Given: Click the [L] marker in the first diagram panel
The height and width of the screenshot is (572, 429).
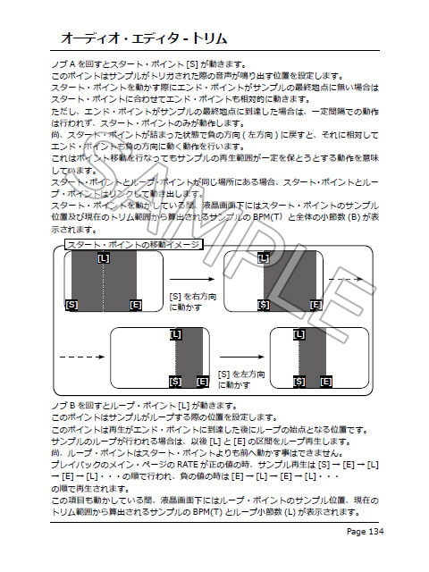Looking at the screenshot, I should [104, 258].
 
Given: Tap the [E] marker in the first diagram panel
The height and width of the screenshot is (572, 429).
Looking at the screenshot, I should [135, 305].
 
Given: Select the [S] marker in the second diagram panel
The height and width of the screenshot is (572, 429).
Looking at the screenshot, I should [263, 304].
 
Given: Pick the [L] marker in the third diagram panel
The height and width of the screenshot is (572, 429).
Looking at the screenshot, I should [175, 335].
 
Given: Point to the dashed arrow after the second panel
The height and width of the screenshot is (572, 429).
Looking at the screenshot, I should [343, 279].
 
